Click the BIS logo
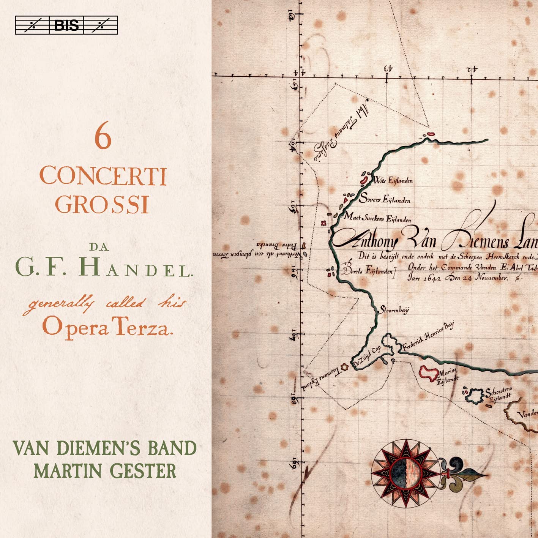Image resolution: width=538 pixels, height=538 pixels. pos(66,25)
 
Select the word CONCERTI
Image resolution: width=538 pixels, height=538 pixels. pos(103,177)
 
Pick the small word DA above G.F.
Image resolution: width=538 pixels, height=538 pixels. pos(99,247)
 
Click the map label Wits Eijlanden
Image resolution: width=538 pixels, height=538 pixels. pos(393,180)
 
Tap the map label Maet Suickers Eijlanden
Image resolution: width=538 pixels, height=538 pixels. pos(377,218)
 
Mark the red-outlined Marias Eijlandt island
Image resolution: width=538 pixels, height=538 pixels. pos(429,372)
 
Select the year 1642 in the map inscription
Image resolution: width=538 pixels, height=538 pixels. pos(429,278)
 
